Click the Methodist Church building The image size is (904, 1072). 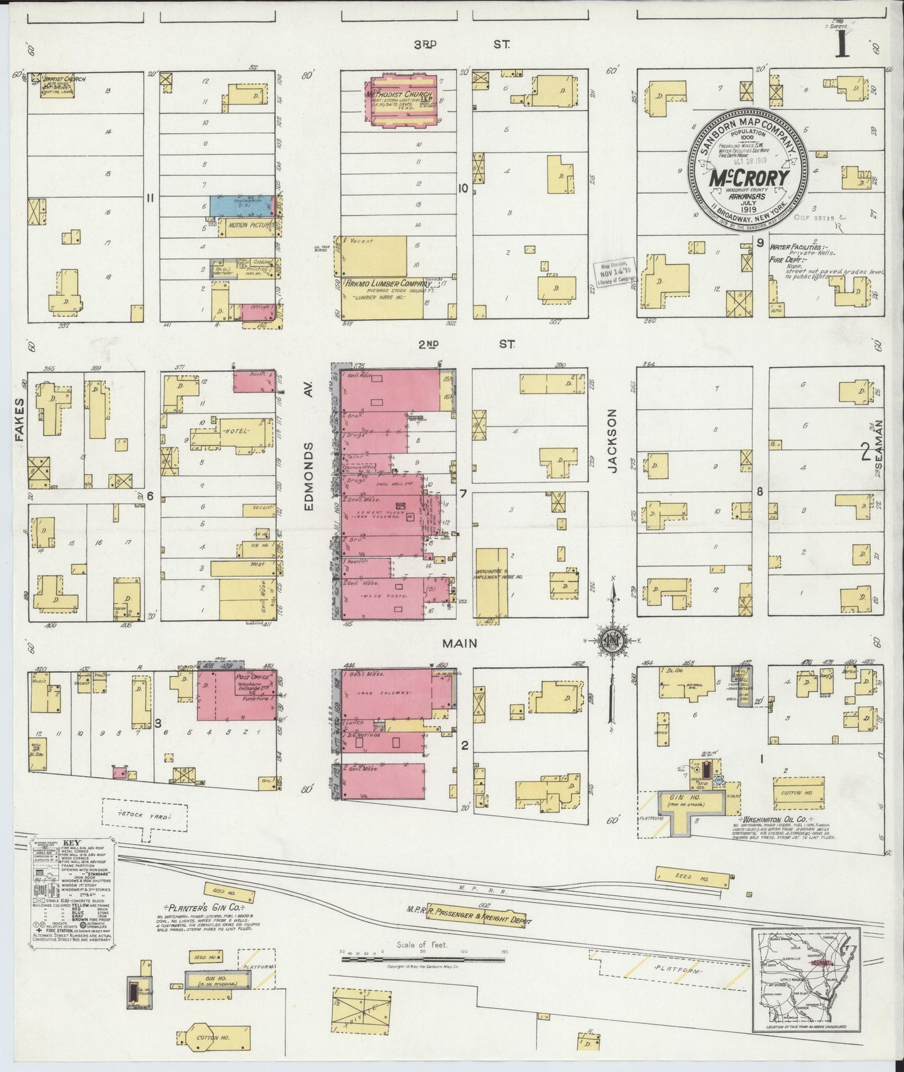pyautogui.click(x=404, y=101)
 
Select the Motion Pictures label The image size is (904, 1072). pyautogui.click(x=250, y=225)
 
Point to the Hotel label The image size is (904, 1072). pyautogui.click(x=235, y=432)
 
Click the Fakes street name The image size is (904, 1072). pyautogui.click(x=19, y=420)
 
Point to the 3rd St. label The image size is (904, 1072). pyautogui.click(x=462, y=44)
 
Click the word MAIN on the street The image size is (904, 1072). pyautogui.click(x=460, y=643)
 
